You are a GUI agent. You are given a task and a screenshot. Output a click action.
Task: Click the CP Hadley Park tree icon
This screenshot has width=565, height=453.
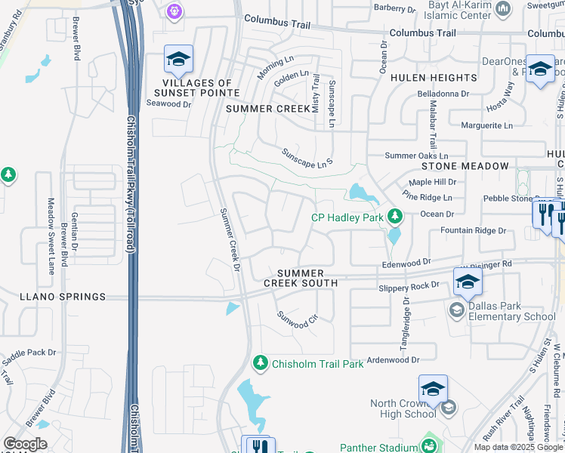click(x=394, y=217)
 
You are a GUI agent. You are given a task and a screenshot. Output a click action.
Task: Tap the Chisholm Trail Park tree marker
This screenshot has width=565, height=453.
click(x=260, y=364)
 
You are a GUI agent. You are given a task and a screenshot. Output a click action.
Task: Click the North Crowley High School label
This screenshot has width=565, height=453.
click(x=403, y=408)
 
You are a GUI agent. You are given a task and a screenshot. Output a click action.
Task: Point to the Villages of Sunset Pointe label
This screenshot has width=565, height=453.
click(x=197, y=88)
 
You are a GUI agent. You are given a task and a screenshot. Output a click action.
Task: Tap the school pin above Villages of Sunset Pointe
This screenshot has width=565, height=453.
click(x=178, y=59)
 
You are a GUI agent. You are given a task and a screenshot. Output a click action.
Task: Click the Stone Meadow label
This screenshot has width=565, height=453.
click(x=465, y=166)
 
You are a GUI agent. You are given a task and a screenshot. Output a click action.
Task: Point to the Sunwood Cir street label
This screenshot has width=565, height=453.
click(x=298, y=321)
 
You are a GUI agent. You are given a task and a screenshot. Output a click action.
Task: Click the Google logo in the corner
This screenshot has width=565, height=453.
click(x=25, y=444)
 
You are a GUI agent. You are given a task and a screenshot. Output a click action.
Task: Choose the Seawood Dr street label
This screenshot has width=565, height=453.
click(x=170, y=104)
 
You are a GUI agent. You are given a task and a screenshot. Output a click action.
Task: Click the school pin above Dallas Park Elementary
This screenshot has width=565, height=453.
click(x=468, y=282)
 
